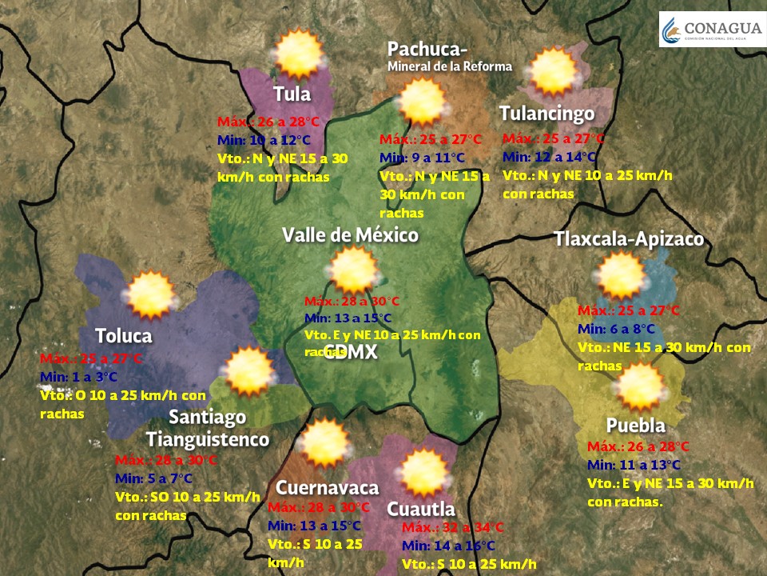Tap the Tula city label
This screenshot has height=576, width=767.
point(292,94)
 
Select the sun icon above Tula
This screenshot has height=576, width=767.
point(298,54)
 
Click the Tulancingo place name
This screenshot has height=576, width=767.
point(546,113)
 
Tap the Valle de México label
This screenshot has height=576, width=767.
point(350,235)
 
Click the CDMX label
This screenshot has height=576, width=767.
point(350,354)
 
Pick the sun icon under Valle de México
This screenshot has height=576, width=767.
point(352,270)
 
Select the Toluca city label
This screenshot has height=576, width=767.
point(124,335)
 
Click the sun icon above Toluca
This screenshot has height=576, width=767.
point(149,294)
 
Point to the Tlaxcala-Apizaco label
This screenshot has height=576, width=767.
point(629,239)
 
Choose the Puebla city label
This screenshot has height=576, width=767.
point(635,425)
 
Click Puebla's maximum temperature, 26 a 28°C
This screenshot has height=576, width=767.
point(638,446)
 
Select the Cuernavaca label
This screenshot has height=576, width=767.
point(327,488)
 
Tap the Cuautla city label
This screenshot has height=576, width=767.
point(421,509)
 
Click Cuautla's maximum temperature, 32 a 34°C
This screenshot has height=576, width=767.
point(452,527)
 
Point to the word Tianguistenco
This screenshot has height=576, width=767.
point(208,439)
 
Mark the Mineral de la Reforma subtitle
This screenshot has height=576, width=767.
point(449,66)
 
